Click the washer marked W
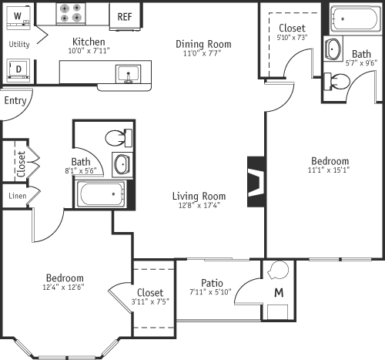pyautogui.click(x=18, y=16)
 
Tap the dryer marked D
pyautogui.click(x=18, y=69)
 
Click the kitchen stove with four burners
pyautogui.click(x=75, y=15)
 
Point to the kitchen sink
pyautogui.click(x=127, y=74)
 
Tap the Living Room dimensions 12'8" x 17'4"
pyautogui.click(x=199, y=205)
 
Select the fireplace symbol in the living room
pyautogui.click(x=256, y=183)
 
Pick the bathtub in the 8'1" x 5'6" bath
pyautogui.click(x=103, y=193)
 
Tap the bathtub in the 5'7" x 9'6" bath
pyautogui.click(x=356, y=20)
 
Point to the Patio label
pyautogui.click(x=212, y=283)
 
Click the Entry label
pyautogui.click(x=15, y=101)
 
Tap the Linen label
pyautogui.click(x=18, y=197)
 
